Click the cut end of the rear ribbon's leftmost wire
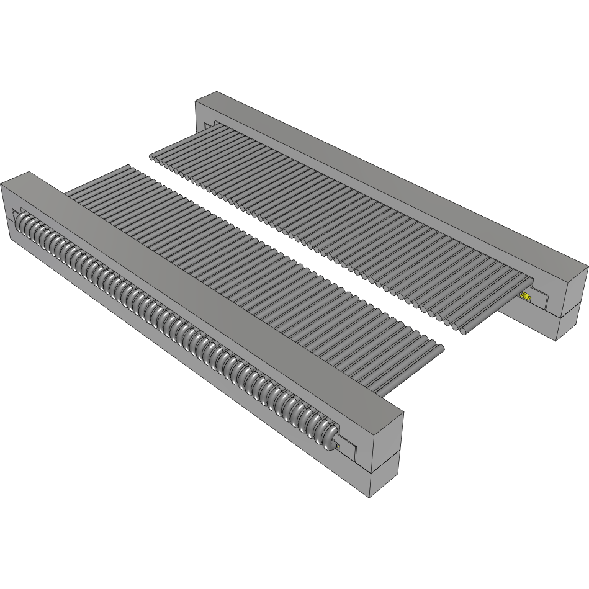(153, 157)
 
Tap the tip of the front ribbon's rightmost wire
(441, 349)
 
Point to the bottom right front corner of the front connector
(371, 497)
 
